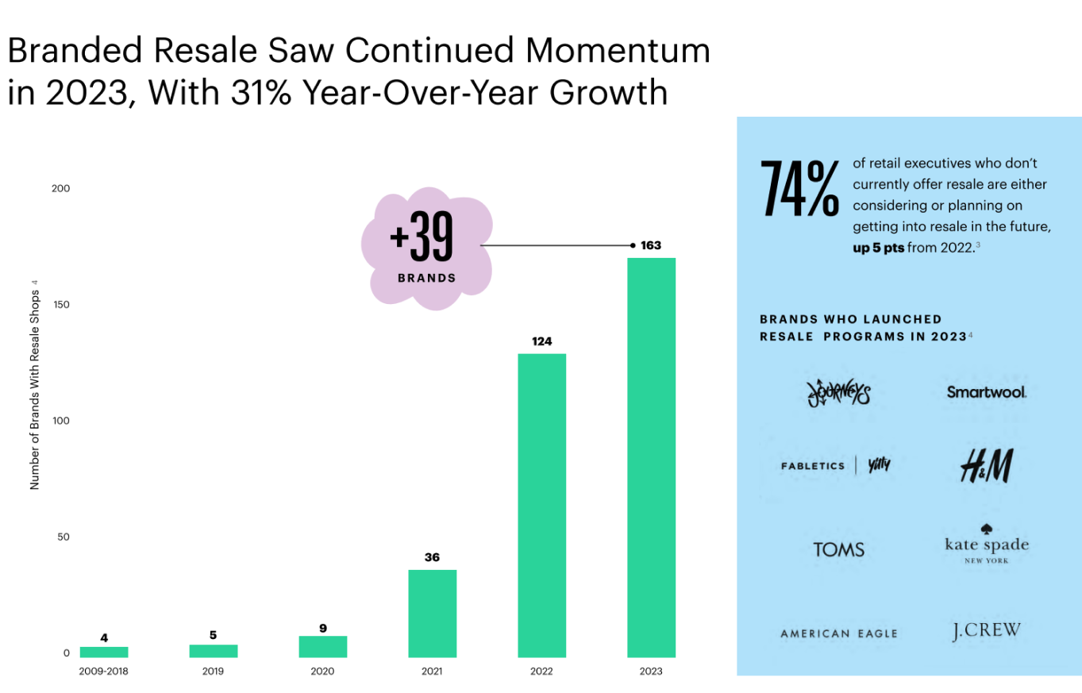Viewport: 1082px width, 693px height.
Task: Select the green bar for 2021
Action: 432,613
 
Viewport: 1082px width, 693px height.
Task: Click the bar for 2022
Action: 541,505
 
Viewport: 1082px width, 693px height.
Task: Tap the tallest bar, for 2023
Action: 651,457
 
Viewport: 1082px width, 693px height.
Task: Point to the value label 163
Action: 651,245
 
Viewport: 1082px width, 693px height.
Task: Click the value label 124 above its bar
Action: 541,341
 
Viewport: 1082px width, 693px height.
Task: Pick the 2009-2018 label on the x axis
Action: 103,671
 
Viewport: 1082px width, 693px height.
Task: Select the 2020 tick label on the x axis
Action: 322,671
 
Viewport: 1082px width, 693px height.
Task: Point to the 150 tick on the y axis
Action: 61,305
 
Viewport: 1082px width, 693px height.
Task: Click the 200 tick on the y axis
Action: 61,189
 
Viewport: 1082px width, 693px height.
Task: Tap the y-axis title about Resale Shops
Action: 35,384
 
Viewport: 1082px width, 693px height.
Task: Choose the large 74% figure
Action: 799,189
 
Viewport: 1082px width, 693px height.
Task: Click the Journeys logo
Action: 837,391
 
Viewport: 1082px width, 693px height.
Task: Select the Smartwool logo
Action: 987,392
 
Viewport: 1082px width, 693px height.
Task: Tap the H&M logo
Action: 986,466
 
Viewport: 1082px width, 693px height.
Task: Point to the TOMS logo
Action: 838,549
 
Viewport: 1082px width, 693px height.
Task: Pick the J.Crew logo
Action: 986,631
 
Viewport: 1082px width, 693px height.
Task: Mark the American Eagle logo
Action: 838,633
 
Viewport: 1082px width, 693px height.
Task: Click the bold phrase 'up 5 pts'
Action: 877,247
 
